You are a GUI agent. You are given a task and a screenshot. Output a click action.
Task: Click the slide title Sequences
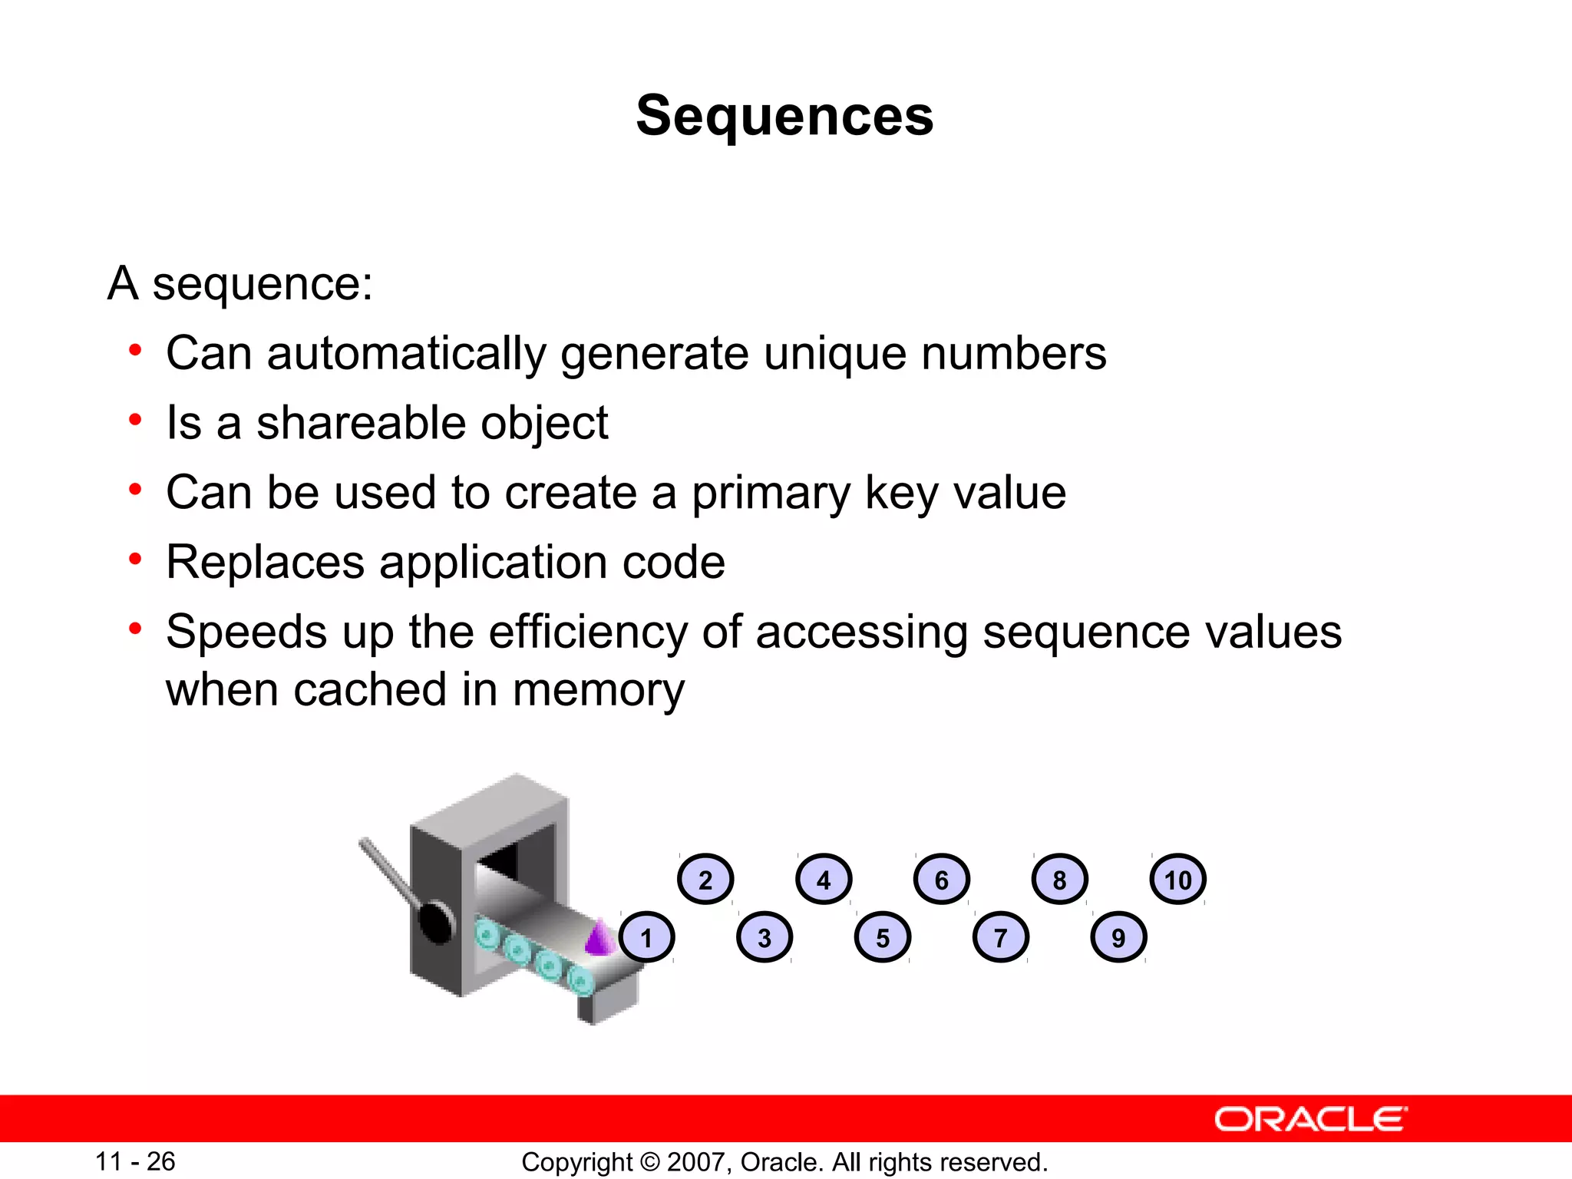(x=784, y=116)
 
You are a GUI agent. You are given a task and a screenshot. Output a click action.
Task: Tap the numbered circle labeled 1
(x=646, y=937)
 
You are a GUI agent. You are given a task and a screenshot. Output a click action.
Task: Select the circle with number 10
(x=1177, y=880)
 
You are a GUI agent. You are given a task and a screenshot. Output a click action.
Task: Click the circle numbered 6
(x=941, y=880)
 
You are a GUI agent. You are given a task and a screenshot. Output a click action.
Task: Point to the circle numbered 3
(x=765, y=937)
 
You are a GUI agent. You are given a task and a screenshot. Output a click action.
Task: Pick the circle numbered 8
(x=1059, y=880)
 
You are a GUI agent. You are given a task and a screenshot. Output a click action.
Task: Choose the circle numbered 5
(x=883, y=937)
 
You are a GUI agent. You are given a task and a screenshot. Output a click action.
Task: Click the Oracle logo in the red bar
(x=1309, y=1119)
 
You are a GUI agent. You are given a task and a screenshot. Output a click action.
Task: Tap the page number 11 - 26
(x=135, y=1161)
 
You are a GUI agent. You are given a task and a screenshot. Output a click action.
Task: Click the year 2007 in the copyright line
(x=698, y=1162)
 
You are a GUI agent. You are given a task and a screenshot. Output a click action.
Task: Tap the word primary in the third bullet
(x=771, y=494)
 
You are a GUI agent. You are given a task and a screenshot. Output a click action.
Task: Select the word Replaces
(x=265, y=563)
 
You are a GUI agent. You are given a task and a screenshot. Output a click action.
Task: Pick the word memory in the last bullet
(x=598, y=689)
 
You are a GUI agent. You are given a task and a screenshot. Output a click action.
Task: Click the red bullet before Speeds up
(x=136, y=629)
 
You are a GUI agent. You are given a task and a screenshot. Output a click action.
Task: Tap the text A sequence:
(x=240, y=283)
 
